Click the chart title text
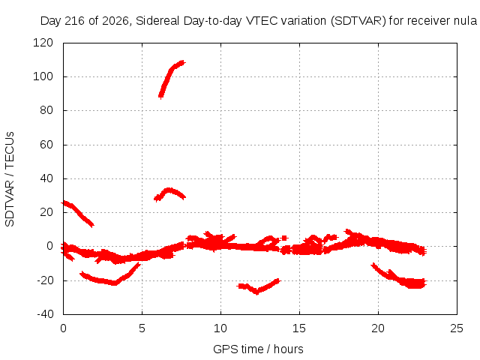259,21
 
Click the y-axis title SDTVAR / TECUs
10,179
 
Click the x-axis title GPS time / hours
258,349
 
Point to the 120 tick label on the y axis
43,43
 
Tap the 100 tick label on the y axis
43,76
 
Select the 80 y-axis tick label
46,110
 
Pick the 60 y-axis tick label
46,145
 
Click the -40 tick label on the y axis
45,314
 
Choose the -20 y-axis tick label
45,280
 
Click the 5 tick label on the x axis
142,328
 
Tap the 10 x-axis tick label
220,328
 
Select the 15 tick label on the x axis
299,328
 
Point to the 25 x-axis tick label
457,328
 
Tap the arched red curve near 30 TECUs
169,191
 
